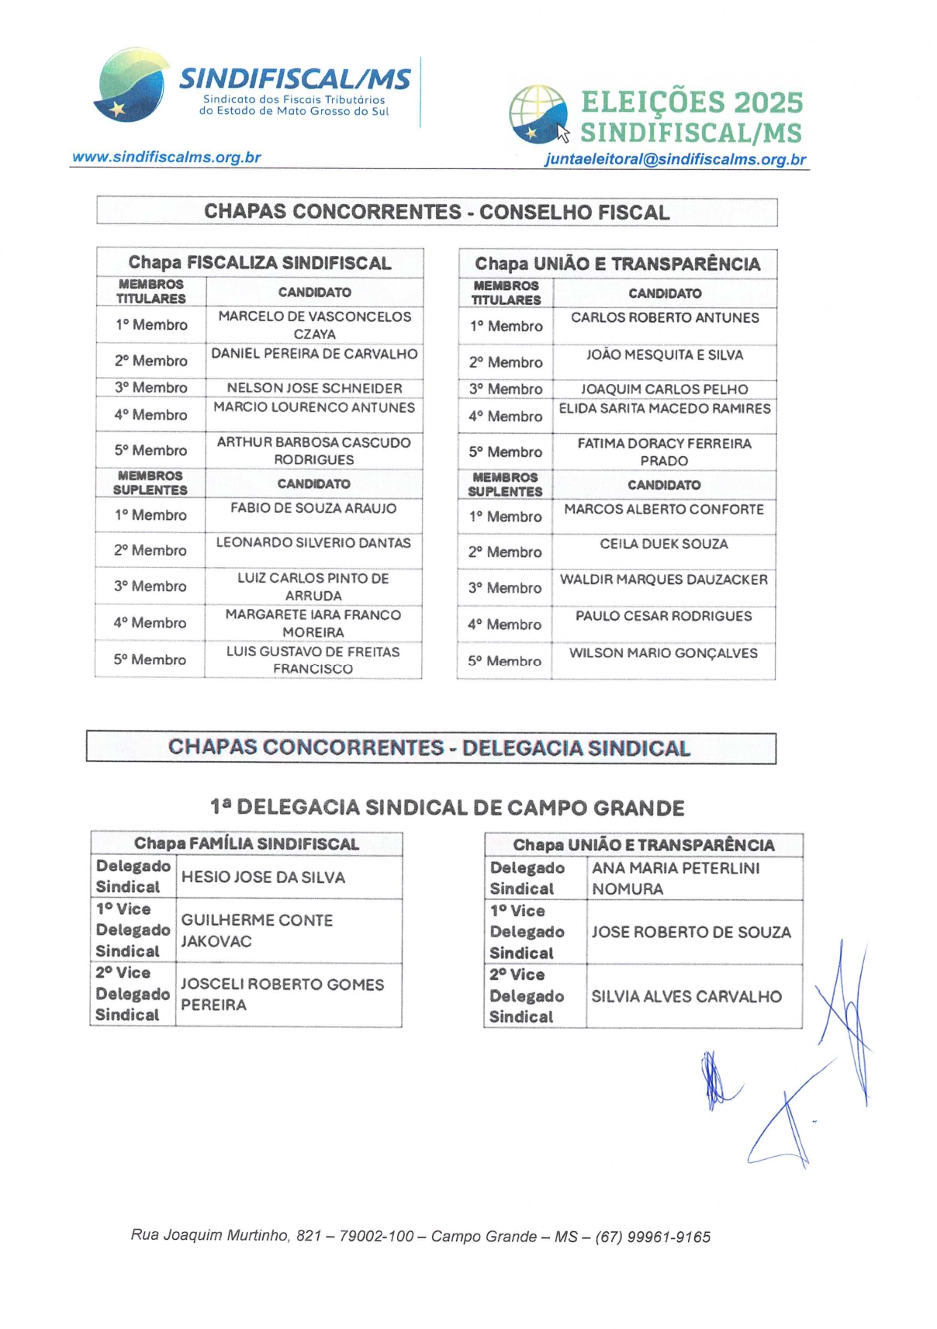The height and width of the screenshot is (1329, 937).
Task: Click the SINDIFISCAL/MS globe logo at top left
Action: pos(131,85)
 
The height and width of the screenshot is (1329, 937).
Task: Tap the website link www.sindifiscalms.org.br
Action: pos(166,157)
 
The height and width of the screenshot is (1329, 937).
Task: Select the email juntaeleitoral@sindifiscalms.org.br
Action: pos(675,159)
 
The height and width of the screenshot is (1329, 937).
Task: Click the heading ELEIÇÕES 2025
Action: pos(691,102)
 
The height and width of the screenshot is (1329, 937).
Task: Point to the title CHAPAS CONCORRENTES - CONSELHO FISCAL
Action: pos(437,212)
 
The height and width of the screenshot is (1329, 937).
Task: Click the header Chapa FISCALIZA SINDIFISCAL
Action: pos(260,263)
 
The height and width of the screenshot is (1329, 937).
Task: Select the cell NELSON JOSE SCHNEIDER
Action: pos(314,388)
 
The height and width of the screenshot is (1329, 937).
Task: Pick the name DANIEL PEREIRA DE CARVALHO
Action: pos(314,354)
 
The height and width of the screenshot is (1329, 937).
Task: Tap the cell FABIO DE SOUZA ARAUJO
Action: pos(313,508)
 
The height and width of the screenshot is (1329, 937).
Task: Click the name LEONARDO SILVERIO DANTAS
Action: pos(313,543)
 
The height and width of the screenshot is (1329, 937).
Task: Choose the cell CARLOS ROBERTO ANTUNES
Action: pos(665,318)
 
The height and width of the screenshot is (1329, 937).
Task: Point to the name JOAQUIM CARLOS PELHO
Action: pos(665,389)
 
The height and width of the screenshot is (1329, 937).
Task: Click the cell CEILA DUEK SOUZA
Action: pos(664,544)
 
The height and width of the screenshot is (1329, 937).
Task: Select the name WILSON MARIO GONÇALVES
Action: pos(663,653)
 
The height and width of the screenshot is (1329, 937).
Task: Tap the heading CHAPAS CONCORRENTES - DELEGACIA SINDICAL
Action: pos(430,748)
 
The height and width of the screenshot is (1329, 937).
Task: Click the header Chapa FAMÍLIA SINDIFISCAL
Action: pos(246,844)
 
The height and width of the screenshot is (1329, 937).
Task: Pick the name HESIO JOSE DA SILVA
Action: pos(263,877)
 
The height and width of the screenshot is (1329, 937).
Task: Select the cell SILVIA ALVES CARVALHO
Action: pos(686,997)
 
